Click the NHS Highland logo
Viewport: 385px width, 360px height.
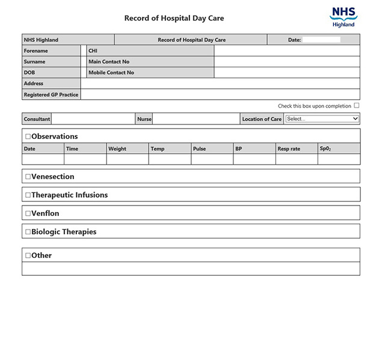[343, 17]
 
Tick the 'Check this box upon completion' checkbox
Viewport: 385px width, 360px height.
[357, 106]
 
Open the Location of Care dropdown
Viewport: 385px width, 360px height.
[322, 119]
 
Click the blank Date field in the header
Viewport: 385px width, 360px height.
[321, 40]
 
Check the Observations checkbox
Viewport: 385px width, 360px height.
[28, 136]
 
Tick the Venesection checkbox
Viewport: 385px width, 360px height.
[28, 177]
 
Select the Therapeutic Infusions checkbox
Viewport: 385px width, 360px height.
[28, 195]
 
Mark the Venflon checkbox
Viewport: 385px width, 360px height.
[28, 213]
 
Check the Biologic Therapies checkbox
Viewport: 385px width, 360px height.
[28, 232]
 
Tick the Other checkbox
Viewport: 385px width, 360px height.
[28, 255]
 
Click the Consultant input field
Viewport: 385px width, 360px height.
[93, 119]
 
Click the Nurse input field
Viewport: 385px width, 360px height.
[196, 119]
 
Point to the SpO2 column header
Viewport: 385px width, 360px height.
[325, 148]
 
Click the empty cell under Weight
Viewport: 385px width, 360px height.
[128, 159]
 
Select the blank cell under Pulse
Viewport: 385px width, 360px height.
[212, 159]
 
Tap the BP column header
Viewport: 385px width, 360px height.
[239, 148]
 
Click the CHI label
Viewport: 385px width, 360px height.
[93, 50]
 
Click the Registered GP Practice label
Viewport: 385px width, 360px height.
[51, 94]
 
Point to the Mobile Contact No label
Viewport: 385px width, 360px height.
[111, 73]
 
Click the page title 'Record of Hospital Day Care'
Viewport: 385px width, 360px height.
[174, 18]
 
